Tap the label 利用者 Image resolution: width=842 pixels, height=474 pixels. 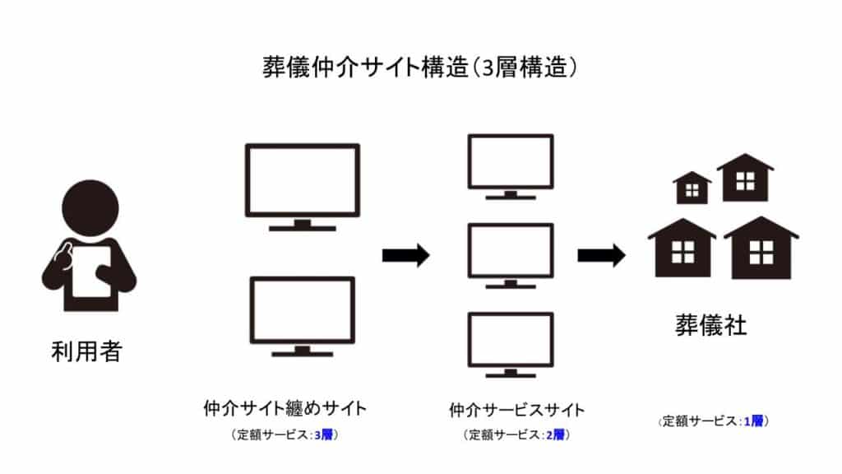tap(86, 352)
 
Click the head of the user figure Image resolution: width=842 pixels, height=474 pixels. tap(88, 211)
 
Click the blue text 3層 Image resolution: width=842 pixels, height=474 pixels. tap(322, 434)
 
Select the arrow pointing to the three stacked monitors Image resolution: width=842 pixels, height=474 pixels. tap(405, 256)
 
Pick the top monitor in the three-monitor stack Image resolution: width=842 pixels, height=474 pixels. tap(510, 162)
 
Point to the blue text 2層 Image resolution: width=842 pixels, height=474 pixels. tap(555, 434)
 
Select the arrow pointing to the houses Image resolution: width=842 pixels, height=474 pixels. tap(601, 256)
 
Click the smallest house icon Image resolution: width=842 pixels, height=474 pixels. tap(692, 190)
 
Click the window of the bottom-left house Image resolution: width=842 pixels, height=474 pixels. tap(682, 252)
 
